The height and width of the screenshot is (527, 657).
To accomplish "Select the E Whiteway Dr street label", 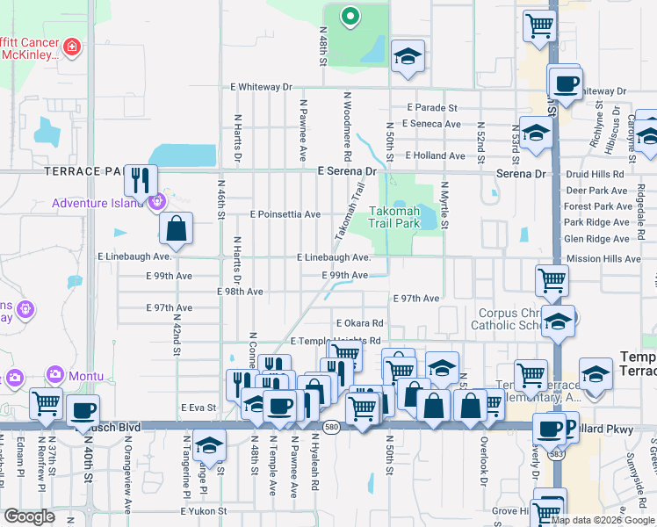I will click(261, 87).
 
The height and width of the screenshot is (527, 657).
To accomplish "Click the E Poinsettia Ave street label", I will click(285, 213).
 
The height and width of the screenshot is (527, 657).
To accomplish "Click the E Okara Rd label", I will click(357, 323).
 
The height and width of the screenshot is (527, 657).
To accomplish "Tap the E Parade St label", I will click(432, 107).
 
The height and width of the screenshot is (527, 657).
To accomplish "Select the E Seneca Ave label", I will click(433, 124).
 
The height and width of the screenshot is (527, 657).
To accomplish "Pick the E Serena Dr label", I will click(346, 173).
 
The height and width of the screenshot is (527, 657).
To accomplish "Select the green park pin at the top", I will click(350, 15).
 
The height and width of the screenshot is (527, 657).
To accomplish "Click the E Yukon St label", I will click(204, 510).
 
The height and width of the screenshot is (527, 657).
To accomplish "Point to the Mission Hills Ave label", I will click(604, 259).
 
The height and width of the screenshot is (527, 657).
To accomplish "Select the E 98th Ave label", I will click(240, 291).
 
